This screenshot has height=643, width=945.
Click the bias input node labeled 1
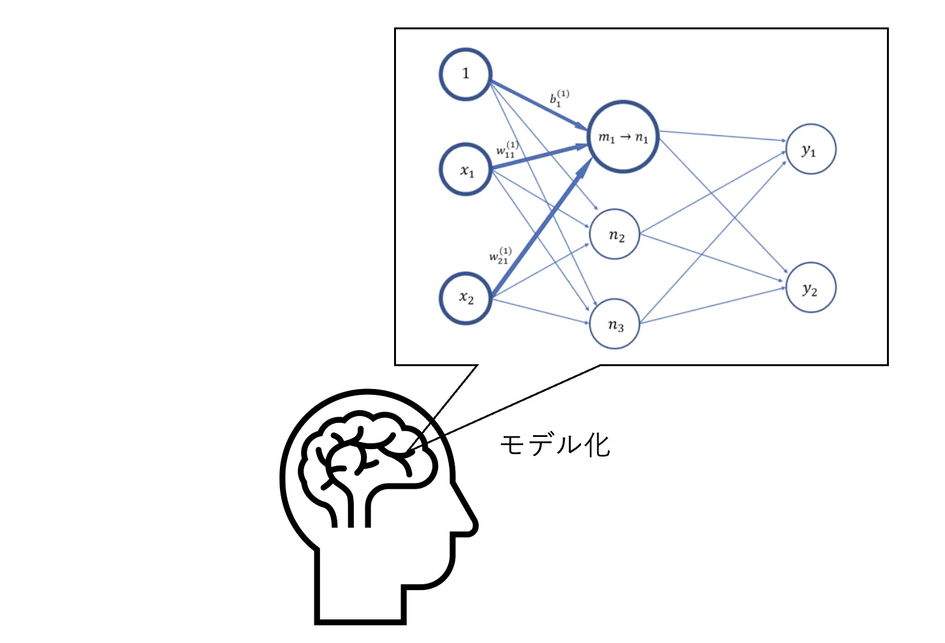pyautogui.click(x=465, y=74)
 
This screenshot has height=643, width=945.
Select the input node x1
pyautogui.click(x=465, y=169)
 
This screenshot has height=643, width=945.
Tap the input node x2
pyautogui.click(x=465, y=298)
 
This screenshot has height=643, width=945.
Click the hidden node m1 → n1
pyautogui.click(x=622, y=137)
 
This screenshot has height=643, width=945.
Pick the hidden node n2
pyautogui.click(x=615, y=235)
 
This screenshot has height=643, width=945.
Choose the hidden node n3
pyautogui.click(x=615, y=324)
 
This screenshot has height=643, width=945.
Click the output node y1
pyautogui.click(x=810, y=149)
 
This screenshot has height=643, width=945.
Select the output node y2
pyautogui.click(x=810, y=288)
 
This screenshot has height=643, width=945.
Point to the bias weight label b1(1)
pyautogui.click(x=559, y=98)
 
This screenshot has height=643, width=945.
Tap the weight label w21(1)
pyautogui.click(x=501, y=256)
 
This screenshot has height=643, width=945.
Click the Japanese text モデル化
pyautogui.click(x=555, y=445)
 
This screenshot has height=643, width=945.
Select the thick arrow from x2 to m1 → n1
pyautogui.click(x=542, y=230)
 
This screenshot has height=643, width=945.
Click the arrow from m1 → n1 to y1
pyautogui.click(x=721, y=136)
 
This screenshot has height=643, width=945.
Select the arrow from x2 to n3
pyautogui.click(x=539, y=311)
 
